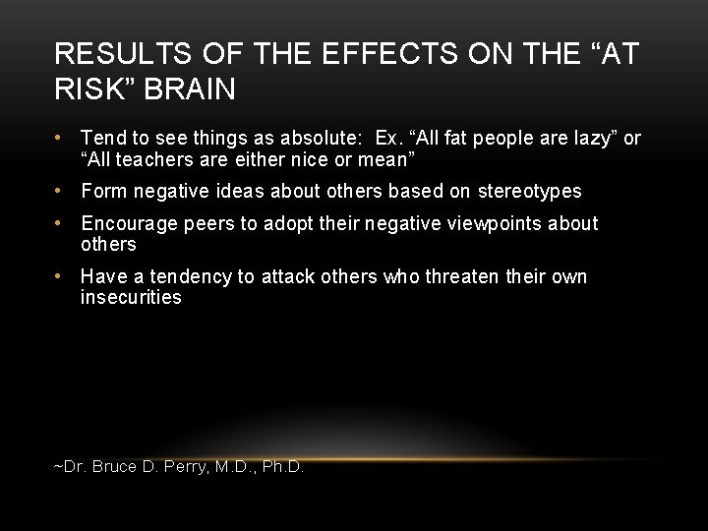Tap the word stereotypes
(529, 192)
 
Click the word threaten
(462, 277)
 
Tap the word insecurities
(131, 297)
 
